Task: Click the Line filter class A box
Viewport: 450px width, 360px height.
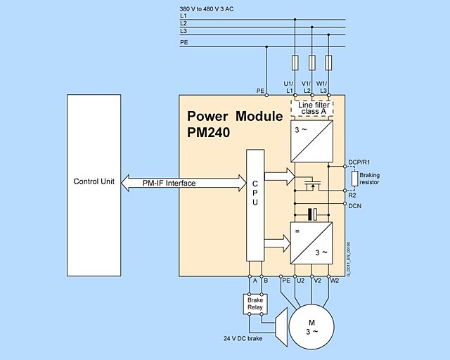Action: click(x=311, y=108)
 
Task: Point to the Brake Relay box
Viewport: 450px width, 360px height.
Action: click(x=255, y=303)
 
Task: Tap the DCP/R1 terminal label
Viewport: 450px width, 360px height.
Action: click(x=359, y=161)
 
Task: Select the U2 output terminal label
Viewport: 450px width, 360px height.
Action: click(x=300, y=281)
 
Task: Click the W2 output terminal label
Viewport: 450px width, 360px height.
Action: click(x=335, y=281)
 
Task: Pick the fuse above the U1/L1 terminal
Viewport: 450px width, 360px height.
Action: click(x=294, y=63)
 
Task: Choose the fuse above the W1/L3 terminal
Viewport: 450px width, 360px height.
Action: click(x=328, y=63)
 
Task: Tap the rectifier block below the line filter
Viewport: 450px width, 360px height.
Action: click(x=311, y=140)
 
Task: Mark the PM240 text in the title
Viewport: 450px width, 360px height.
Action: click(x=210, y=131)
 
